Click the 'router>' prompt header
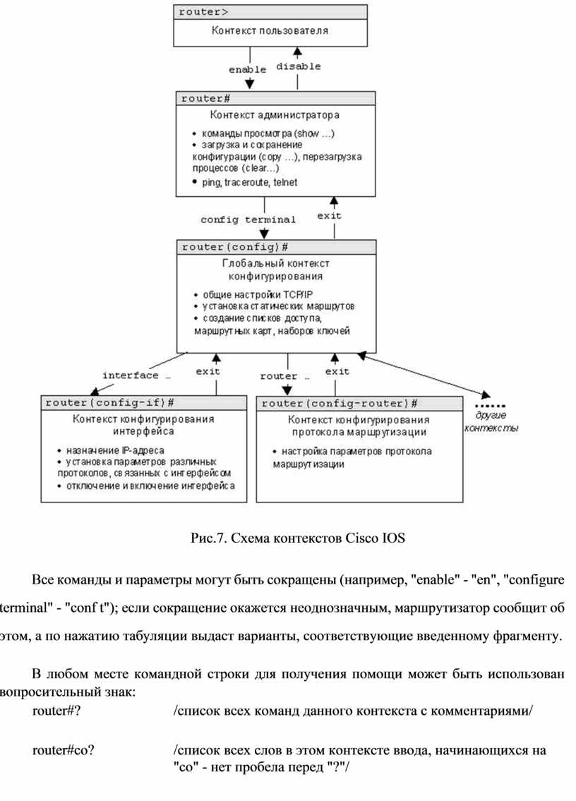(203, 12)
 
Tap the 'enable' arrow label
(247, 69)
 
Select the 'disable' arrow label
(299, 66)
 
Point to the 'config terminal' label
(248, 219)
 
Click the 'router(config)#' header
(235, 247)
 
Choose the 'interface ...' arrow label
(136, 375)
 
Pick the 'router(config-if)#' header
(110, 403)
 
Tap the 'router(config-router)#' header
(340, 404)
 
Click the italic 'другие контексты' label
(491, 421)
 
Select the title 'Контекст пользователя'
(270, 30)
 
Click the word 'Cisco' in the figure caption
(361, 538)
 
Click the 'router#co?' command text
(64, 750)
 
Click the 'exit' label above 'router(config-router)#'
(337, 371)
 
